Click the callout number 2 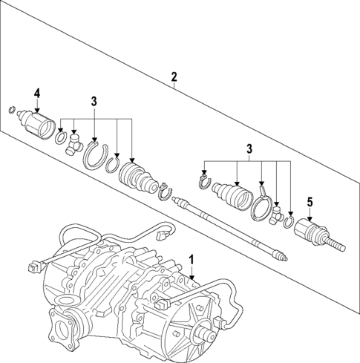174,77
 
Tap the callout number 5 310,200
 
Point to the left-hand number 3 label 94,100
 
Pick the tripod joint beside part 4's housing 74,143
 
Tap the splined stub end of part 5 335,241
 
